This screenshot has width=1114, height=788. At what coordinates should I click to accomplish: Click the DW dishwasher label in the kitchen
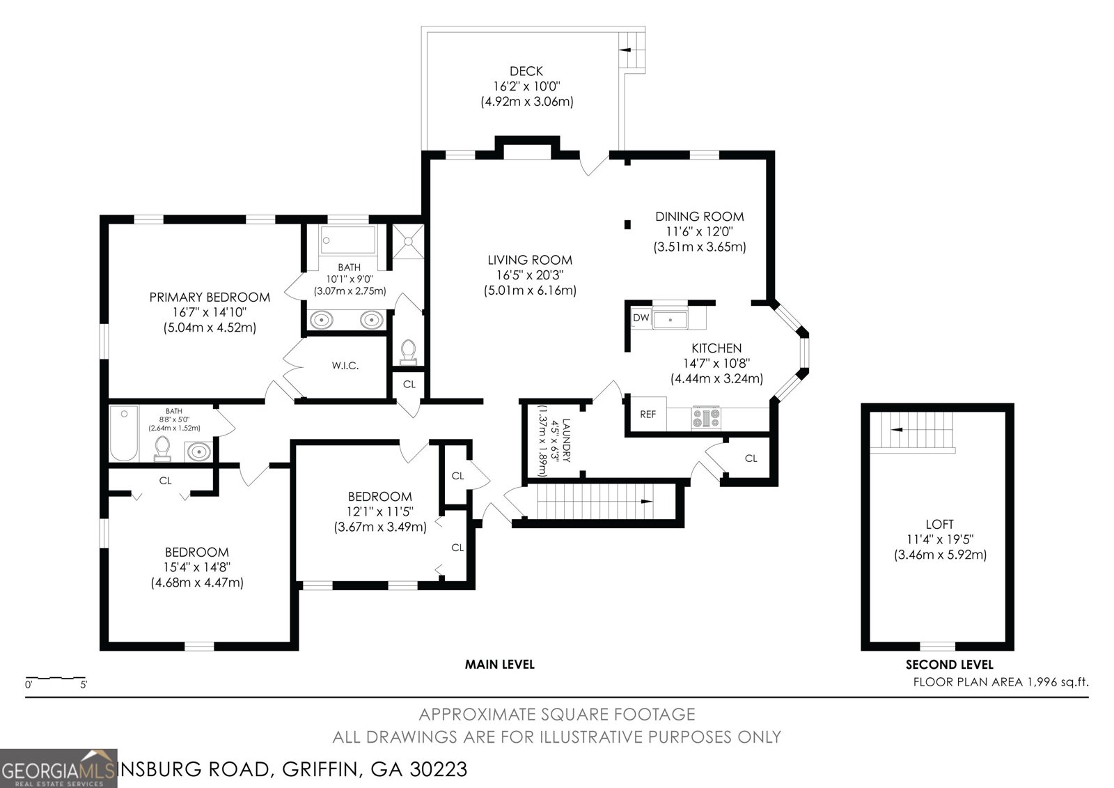[641, 318]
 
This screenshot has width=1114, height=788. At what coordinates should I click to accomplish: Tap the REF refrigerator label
[648, 414]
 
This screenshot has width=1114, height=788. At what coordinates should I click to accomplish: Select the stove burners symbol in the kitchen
[706, 418]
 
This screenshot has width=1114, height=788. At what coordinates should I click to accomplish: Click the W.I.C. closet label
[345, 365]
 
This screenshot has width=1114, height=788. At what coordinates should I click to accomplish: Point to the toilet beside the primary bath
[408, 350]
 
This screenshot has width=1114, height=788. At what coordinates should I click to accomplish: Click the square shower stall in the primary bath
[408, 241]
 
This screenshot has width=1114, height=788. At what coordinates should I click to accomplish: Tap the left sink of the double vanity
[322, 320]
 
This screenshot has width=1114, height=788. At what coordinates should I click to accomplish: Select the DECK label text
[526, 71]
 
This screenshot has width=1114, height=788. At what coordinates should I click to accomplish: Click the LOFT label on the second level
[939, 524]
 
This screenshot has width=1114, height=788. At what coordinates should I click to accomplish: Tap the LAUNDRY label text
[566, 440]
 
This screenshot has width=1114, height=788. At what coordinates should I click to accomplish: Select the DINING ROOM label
[699, 217]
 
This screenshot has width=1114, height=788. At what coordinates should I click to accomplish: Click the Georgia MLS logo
[59, 768]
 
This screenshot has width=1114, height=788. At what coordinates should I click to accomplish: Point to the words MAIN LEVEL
[499, 664]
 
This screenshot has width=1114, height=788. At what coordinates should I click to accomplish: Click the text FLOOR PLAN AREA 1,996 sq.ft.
[1001, 682]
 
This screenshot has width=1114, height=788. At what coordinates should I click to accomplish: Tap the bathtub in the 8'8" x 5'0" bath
[124, 434]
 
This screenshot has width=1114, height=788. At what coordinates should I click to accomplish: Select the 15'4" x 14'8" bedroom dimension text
[197, 567]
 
